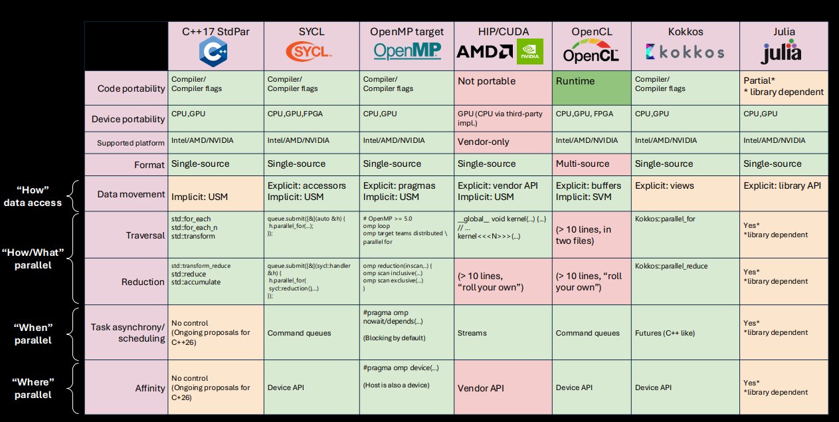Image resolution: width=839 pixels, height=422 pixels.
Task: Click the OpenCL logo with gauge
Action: coord(591,49)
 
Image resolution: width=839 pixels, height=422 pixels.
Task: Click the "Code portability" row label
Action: coord(130,89)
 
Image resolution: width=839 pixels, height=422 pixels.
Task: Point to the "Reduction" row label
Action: coord(142,282)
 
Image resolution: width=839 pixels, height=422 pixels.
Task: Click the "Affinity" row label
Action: coord(149,388)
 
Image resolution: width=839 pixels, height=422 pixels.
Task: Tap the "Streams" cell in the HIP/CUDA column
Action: coord(472,333)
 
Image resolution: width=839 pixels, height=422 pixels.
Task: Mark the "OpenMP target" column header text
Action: coord(406,31)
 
